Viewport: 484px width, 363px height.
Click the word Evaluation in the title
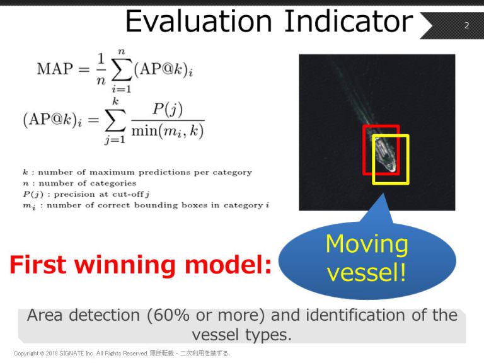coord(199,21)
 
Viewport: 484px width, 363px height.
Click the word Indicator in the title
coord(349,21)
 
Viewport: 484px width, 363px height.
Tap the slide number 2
coord(467,25)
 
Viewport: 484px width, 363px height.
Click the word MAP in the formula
coord(55,69)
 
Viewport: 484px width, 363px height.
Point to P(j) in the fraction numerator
coord(168,110)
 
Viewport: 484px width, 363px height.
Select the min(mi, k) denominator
coord(168,131)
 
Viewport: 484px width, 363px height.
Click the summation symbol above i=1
coord(122,70)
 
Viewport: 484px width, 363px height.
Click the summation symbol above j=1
coord(115,120)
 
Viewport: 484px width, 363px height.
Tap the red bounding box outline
coord(364,150)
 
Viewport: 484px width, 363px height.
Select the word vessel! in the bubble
coord(366,273)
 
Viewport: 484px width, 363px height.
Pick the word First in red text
coord(38,265)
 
